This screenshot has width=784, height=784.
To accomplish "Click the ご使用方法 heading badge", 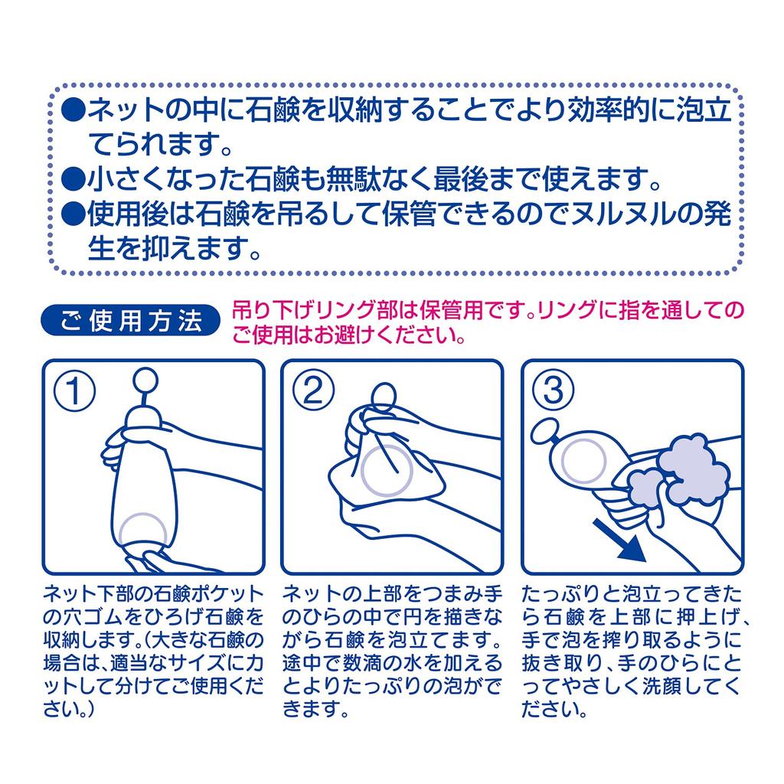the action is [x=130, y=321].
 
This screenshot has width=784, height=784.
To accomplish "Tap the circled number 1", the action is [x=74, y=390].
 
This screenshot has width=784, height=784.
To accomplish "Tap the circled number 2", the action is [x=313, y=390].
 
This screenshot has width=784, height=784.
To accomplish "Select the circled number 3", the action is [x=553, y=390].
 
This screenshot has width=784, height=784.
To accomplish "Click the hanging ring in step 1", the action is [x=145, y=380].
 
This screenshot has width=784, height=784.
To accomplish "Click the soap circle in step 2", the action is [x=387, y=471].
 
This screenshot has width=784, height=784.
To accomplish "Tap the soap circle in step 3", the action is [x=583, y=461].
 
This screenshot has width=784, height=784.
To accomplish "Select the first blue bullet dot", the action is [x=73, y=108].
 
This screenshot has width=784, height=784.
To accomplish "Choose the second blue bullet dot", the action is [x=73, y=178].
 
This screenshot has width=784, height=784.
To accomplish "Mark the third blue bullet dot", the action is [x=73, y=214].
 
